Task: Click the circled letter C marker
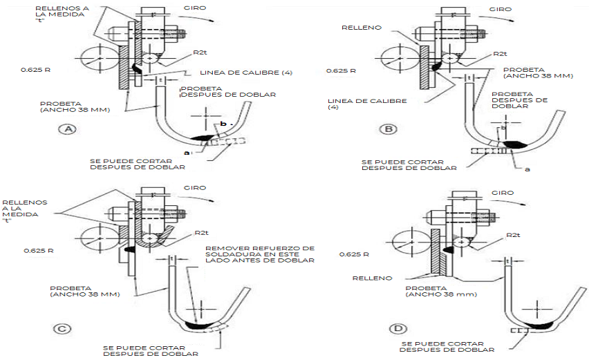point(63,329)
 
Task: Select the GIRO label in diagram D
point(502,192)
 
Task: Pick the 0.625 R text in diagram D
point(353,254)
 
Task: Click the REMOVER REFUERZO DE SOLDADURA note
point(259,254)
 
